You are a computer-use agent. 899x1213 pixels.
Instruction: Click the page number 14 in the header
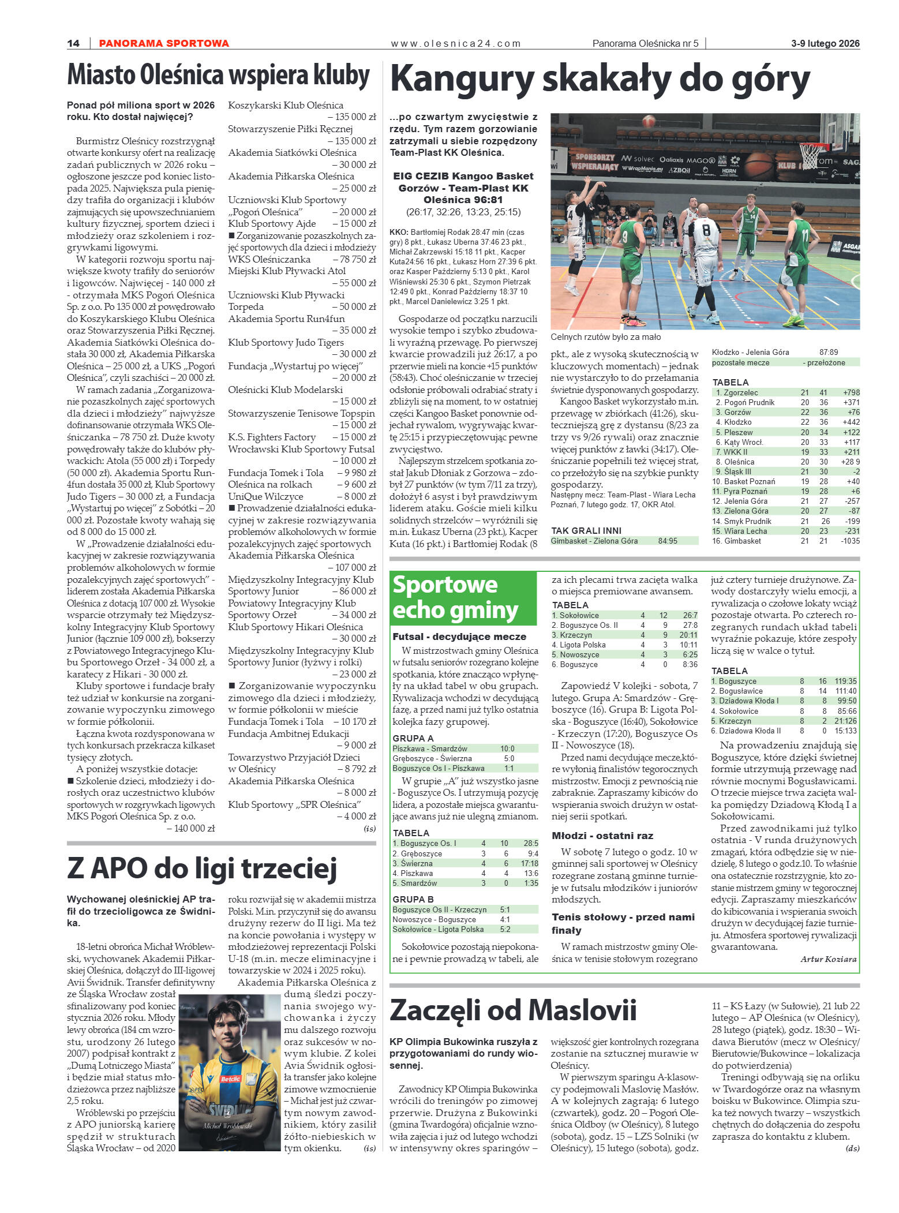[73, 43]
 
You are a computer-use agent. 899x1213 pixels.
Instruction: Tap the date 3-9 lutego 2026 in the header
[825, 43]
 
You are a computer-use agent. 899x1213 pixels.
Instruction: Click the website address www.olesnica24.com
[455, 43]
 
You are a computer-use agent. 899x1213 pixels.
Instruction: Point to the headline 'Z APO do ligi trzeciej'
[202, 869]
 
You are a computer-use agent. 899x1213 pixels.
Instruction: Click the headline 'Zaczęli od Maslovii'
[513, 1010]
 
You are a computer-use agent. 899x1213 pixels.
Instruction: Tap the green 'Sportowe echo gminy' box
[462, 597]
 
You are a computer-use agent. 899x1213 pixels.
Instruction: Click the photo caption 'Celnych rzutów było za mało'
[606, 337]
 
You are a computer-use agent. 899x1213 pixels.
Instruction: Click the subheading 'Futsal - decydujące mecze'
[459, 637]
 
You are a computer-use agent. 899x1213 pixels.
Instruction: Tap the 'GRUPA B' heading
[413, 899]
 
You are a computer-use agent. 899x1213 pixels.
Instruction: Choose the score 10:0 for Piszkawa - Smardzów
[507, 748]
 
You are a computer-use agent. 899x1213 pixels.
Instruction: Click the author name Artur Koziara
[828, 959]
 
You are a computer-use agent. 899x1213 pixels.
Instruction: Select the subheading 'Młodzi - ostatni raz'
[602, 836]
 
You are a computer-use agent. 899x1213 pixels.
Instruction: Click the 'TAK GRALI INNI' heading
[586, 530]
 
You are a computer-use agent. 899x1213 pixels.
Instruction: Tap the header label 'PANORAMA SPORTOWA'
[164, 43]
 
